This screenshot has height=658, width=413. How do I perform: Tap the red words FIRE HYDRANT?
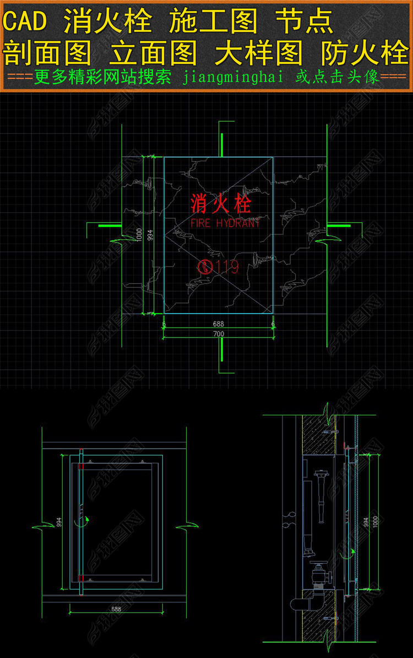click(225, 223)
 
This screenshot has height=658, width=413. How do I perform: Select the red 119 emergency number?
click(227, 267)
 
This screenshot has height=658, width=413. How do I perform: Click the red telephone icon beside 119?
click(205, 267)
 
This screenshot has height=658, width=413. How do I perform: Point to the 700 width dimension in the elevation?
click(219, 335)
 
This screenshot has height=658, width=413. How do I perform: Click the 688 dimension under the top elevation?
click(219, 325)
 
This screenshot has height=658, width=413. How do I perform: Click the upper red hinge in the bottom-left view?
click(81, 466)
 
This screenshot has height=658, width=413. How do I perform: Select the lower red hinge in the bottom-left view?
click(81, 578)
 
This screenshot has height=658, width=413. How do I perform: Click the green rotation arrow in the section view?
click(352, 551)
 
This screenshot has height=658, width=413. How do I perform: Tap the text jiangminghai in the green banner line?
click(232, 78)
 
